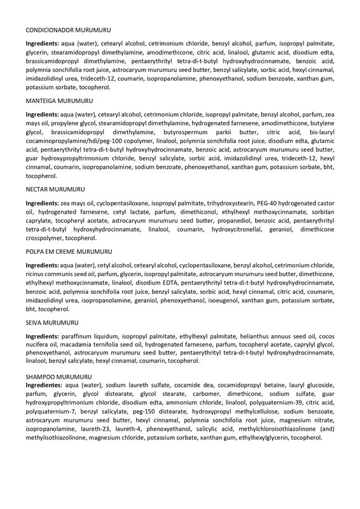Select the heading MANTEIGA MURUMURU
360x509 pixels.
pos(59,101)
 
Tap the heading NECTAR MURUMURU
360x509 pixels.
pos(55,190)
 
